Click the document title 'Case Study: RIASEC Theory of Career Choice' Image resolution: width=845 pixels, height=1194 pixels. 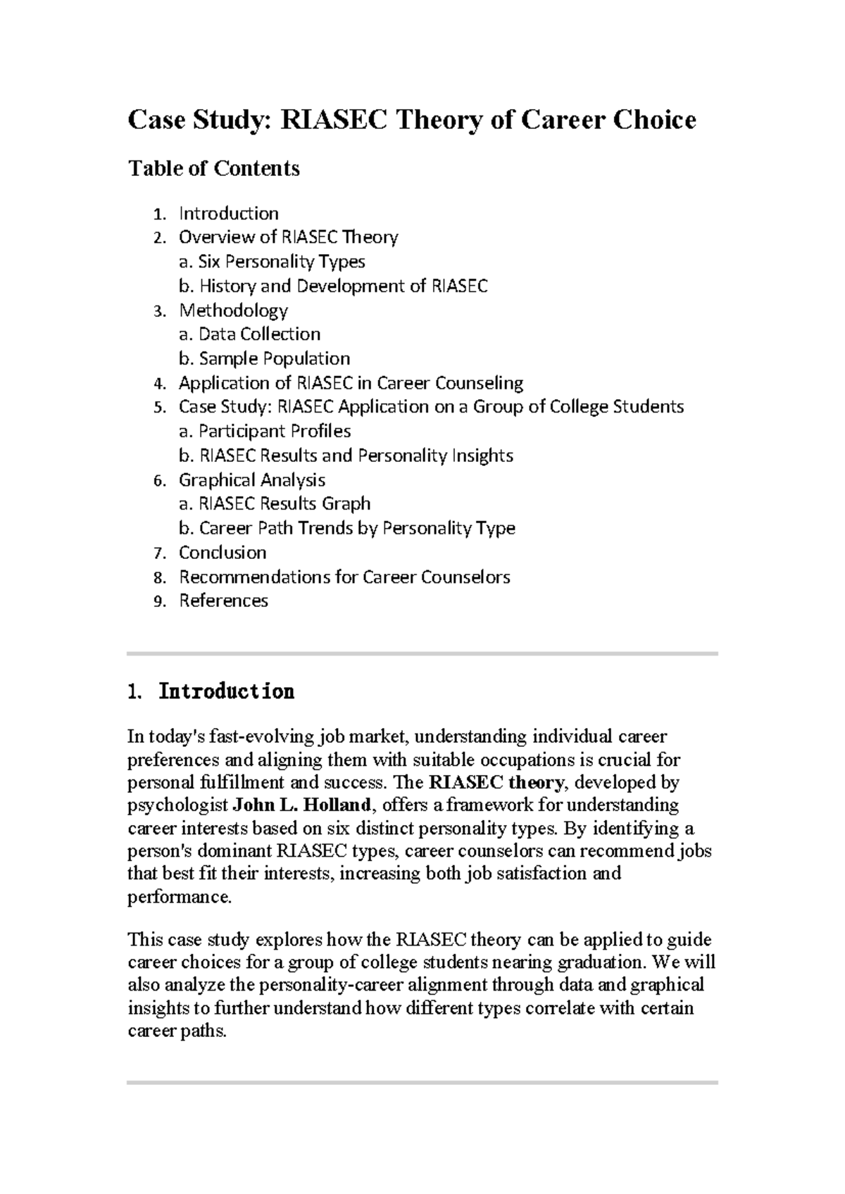point(411,120)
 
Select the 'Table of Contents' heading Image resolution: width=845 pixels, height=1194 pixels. point(213,168)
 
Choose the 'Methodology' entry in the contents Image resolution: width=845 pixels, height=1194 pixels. point(233,310)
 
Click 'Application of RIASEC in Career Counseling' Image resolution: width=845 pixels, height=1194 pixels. point(351,383)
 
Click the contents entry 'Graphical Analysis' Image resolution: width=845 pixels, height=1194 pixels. point(251,480)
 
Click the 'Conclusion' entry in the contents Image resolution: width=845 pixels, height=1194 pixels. point(223,553)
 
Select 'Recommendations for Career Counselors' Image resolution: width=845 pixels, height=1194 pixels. point(344,577)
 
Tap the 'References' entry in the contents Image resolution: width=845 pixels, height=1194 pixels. point(223,601)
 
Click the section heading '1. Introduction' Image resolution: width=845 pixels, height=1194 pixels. point(211,692)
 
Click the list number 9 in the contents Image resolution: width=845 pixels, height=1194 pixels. point(159,602)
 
